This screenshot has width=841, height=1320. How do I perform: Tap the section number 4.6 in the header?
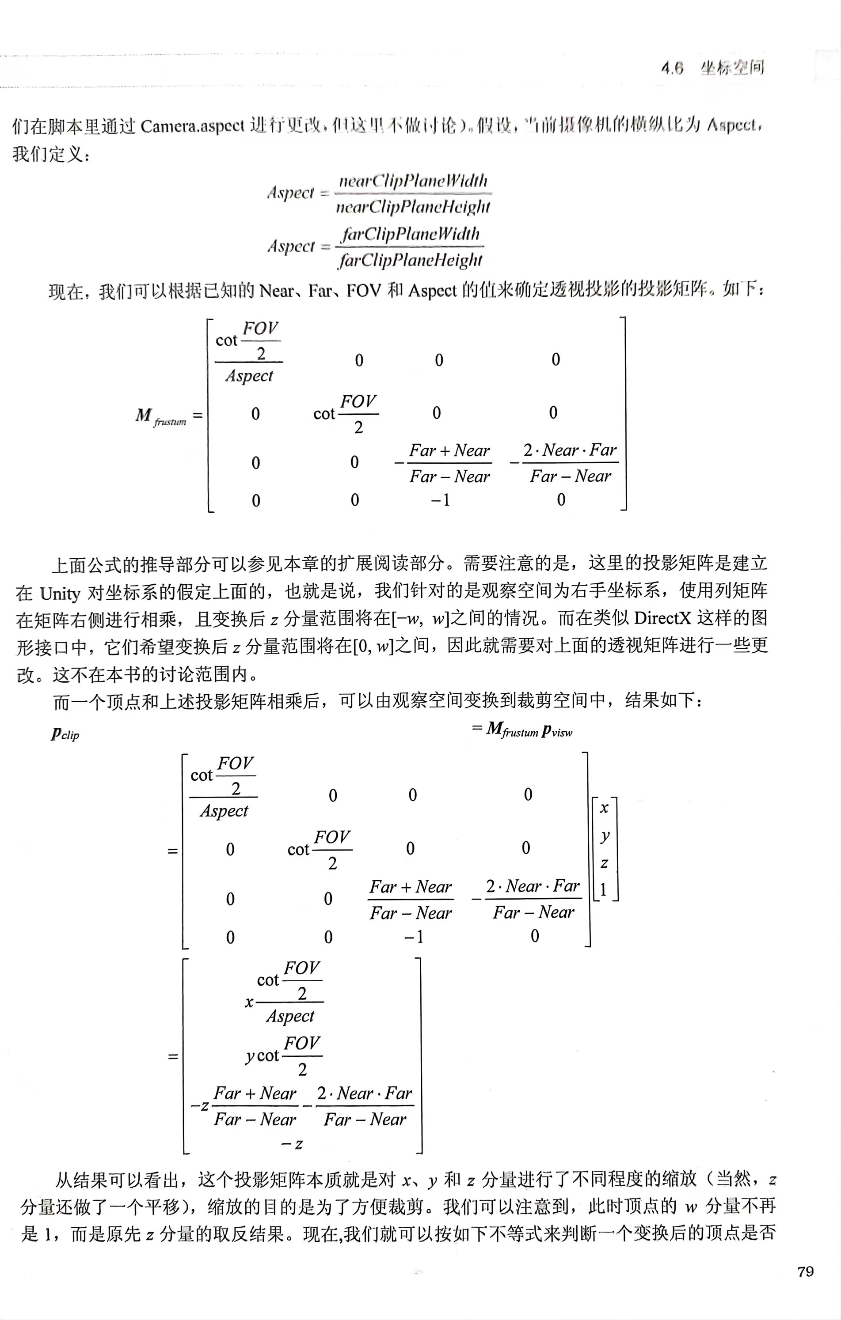pos(672,68)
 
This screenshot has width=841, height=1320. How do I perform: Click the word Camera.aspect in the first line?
pos(192,127)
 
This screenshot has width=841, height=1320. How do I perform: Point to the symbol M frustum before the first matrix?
pos(160,416)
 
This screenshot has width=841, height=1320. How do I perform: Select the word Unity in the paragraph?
pos(60,593)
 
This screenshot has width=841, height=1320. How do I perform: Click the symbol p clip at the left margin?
pos(65,734)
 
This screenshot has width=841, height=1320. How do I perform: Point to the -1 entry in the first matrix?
pos(440,500)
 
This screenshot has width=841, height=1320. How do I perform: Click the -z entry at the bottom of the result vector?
pos(292,1143)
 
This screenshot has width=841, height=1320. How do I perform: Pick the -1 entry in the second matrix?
pos(414,937)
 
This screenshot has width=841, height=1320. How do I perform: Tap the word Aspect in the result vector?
pos(290,1016)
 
